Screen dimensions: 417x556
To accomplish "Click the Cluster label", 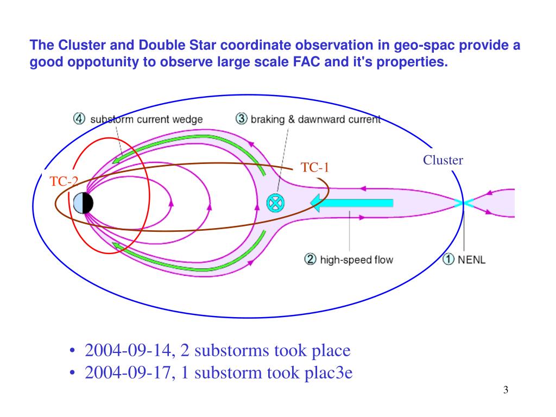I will (x=443, y=160).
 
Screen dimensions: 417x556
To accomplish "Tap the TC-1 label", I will (x=315, y=168).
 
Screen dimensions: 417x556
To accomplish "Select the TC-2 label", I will (x=64, y=182).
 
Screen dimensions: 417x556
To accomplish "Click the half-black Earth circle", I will (x=83, y=203).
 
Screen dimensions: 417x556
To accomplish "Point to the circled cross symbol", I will (x=275, y=203).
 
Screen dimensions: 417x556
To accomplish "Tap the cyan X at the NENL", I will (x=464, y=203).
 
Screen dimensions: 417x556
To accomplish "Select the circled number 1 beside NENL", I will (x=448, y=260).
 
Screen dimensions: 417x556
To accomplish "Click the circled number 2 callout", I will (x=310, y=260).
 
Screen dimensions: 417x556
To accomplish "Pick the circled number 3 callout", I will (x=242, y=118).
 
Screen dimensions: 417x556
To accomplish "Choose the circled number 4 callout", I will (x=80, y=118).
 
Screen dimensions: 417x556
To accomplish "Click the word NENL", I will (x=472, y=260).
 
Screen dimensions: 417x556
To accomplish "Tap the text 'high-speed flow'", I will (x=356, y=260).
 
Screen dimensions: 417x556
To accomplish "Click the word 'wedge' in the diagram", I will (x=188, y=119).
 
